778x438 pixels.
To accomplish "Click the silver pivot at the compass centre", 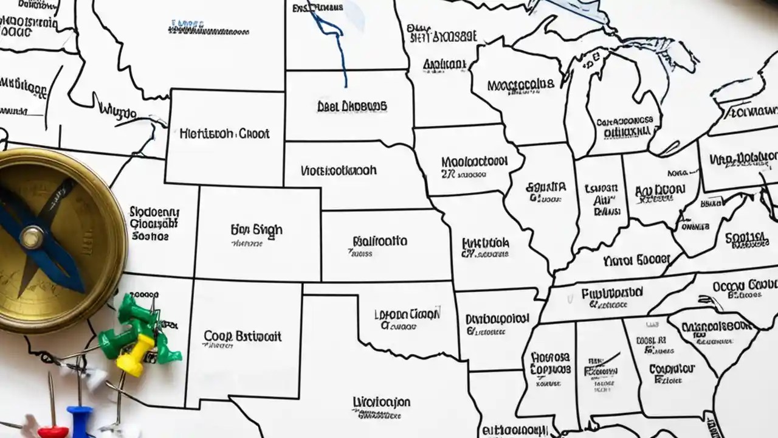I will (31, 237).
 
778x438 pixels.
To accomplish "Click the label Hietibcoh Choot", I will (225, 134).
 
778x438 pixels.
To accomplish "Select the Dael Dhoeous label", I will (352, 106).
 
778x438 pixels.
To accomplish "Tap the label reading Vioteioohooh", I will (339, 170).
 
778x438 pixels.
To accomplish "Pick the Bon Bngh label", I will (256, 230).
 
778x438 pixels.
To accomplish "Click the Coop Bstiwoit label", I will (243, 336).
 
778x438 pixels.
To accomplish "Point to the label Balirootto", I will (379, 241).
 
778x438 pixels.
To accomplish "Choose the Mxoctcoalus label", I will (521, 83).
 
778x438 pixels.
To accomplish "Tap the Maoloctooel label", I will (474, 162).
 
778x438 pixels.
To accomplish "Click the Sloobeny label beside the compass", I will (154, 212).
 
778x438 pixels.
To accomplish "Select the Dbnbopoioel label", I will (497, 319).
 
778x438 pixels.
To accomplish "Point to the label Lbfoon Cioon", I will (407, 315).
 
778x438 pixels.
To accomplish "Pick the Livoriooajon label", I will (381, 403).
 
